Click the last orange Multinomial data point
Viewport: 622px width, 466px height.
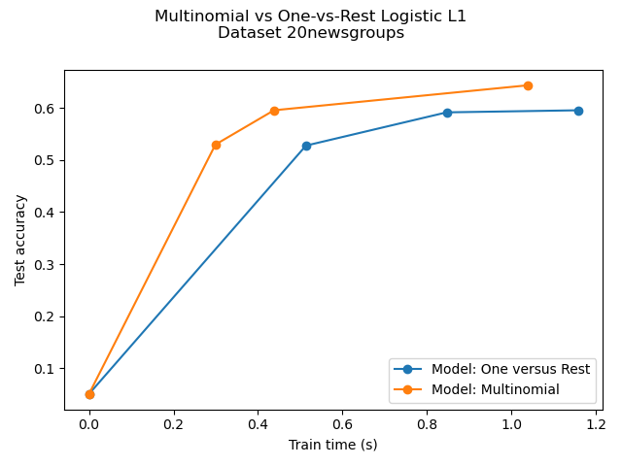point(528,85)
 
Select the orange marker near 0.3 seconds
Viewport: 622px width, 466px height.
point(216,145)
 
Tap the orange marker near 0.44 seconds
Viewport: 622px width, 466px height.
point(274,111)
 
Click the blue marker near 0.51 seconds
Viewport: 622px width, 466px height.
point(306,146)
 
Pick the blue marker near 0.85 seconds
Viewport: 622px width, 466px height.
point(447,113)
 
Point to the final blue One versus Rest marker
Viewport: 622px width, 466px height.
point(578,111)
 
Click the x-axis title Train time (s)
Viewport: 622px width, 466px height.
point(332,445)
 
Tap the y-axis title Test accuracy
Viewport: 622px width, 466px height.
point(20,240)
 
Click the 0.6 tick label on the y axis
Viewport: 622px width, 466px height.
point(47,108)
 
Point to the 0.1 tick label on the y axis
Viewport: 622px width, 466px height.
point(47,369)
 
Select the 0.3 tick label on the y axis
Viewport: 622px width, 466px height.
point(47,264)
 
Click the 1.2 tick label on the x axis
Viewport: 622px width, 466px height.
point(595,424)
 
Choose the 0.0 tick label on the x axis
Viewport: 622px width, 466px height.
point(89,424)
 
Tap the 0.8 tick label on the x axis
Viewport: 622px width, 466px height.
point(427,424)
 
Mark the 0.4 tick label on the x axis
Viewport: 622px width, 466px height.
point(258,424)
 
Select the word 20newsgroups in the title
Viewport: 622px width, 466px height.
point(356,33)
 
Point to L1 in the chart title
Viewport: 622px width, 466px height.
point(457,16)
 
